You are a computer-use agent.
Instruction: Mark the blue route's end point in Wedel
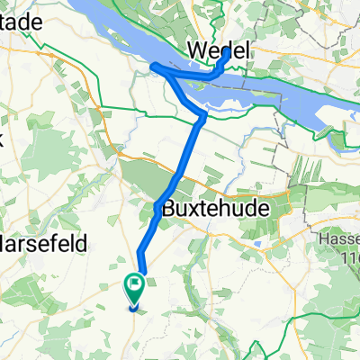pos(225,53)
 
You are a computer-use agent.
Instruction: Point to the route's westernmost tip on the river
pos(152,67)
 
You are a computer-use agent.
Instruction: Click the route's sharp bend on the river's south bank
pos(203,114)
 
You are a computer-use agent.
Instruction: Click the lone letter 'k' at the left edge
pos(3,139)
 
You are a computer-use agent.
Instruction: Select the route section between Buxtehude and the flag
pos(148,243)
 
